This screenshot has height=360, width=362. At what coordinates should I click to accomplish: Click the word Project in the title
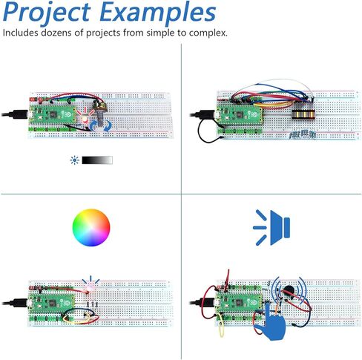pos(47,13)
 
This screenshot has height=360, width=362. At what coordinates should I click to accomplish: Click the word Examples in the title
pos(159,13)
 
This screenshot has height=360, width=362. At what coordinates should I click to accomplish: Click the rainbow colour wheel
pos(91,227)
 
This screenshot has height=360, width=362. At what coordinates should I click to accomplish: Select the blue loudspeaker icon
pos(272,227)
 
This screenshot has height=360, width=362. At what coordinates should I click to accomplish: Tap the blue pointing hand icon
pos(271,322)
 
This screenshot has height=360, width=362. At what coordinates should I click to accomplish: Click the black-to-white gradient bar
pos(97,160)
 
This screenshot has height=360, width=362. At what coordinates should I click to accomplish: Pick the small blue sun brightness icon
pos(74,160)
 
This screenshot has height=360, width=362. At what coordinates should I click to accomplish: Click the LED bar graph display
pos(303,114)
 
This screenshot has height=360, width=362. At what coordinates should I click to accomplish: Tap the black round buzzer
pos(288,289)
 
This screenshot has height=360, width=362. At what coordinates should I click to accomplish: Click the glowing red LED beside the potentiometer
pos(85,120)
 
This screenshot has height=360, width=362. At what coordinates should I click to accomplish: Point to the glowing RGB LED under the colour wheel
pos(89,287)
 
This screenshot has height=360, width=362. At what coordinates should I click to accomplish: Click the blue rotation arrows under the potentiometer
pos(100,126)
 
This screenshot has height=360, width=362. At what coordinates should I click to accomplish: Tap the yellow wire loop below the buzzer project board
pos(222,325)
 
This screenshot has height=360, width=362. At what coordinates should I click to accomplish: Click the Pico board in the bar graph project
pos(240,115)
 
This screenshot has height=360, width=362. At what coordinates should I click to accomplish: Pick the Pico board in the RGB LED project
pos(52,304)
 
